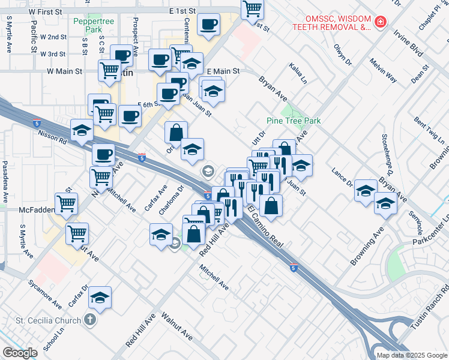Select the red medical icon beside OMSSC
point(380,23)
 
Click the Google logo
point(20,353)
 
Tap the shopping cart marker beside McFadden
point(66,203)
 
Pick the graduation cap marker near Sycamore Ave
point(101,298)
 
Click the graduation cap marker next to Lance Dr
point(365,191)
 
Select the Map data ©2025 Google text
point(411,355)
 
